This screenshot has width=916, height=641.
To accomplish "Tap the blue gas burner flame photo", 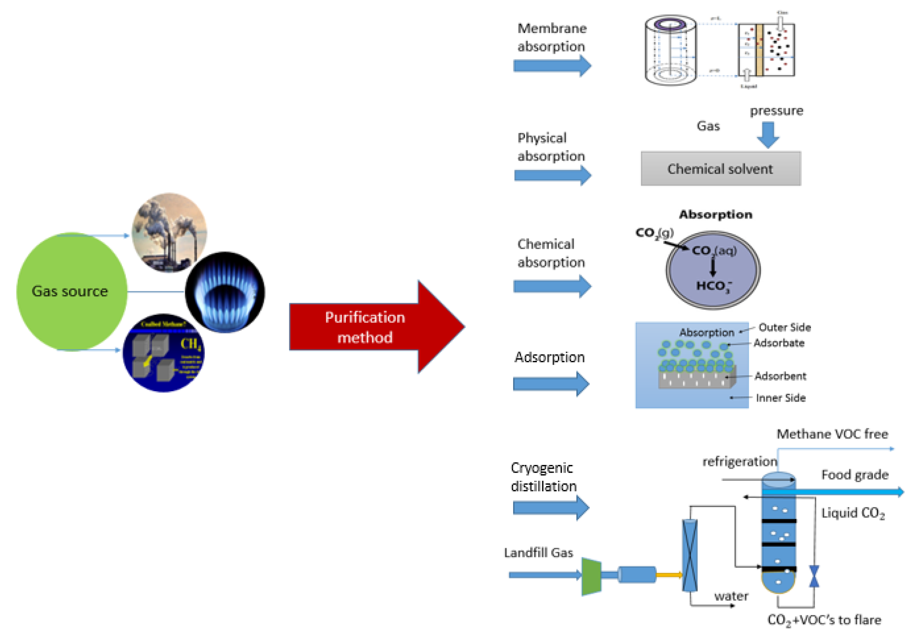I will (x=225, y=292).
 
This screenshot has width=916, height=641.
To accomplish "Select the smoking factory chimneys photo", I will (x=170, y=233).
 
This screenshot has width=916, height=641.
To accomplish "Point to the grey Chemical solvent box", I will (x=720, y=169).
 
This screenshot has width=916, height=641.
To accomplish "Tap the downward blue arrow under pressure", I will (x=768, y=135).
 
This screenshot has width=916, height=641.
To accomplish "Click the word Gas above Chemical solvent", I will (x=708, y=126).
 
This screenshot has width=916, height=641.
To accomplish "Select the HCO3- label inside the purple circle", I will (x=714, y=286).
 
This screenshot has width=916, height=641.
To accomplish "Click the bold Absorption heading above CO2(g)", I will (x=716, y=214).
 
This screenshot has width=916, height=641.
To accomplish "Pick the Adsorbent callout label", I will (x=780, y=376).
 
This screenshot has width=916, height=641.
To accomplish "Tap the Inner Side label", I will (x=780, y=398).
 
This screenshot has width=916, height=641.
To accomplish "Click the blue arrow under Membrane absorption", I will (x=552, y=66).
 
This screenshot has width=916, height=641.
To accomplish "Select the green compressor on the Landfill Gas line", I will (x=591, y=576).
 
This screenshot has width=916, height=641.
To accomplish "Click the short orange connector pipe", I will (x=669, y=575).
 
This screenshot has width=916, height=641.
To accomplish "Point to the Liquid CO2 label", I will (x=852, y=513).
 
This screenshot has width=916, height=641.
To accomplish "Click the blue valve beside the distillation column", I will (x=814, y=576).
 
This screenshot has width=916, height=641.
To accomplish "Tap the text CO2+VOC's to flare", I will (x=824, y=620).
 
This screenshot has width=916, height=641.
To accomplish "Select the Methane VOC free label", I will (x=832, y=434).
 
